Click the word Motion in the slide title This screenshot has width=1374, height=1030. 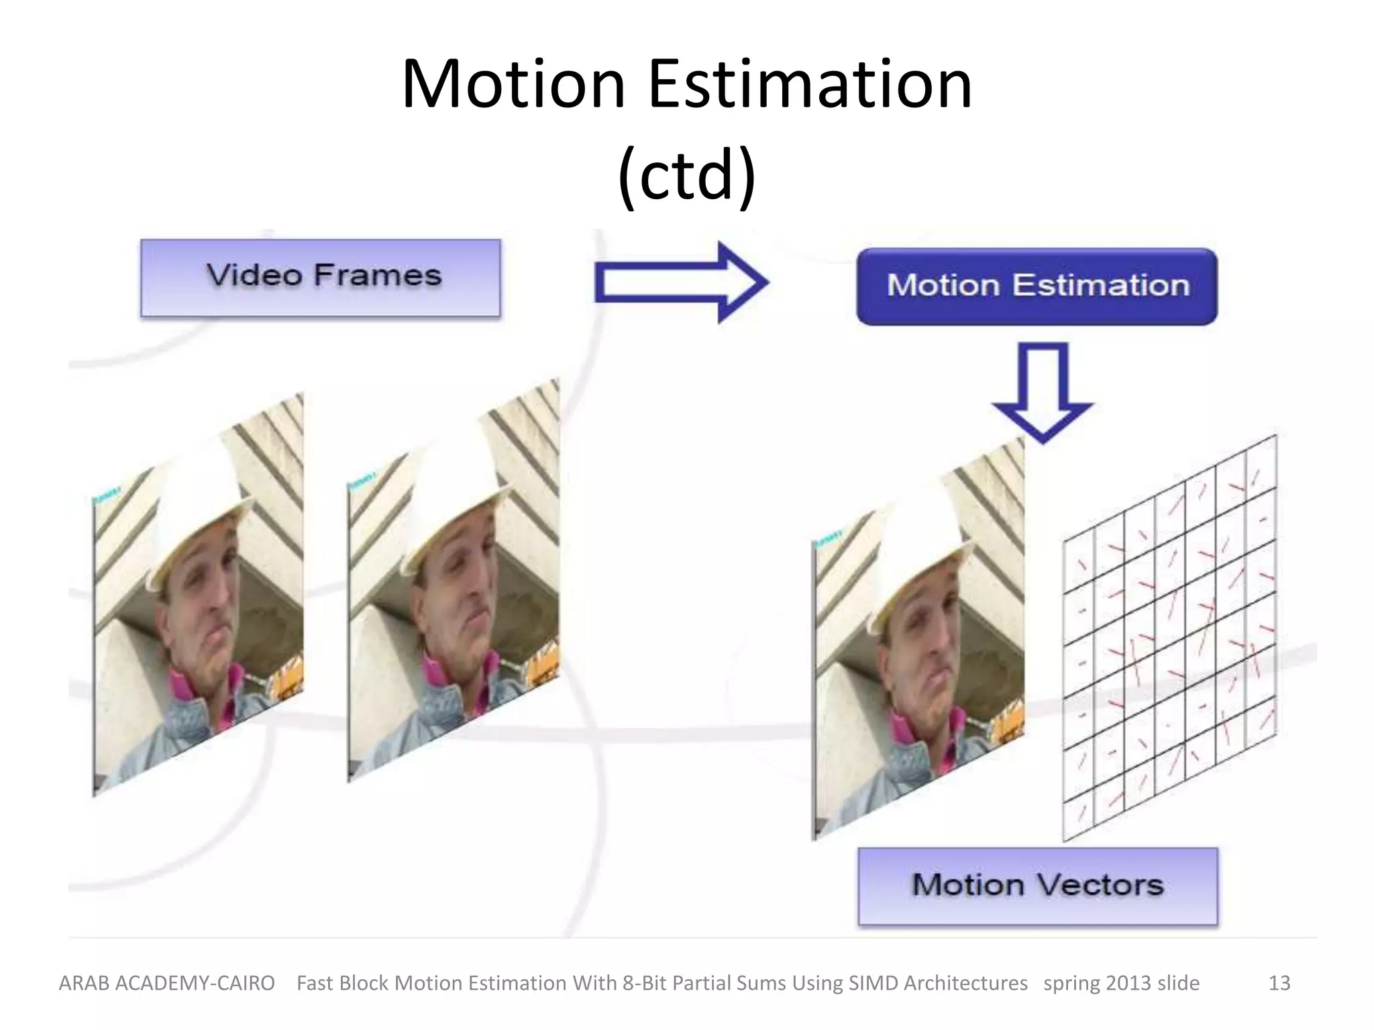[x=513, y=84]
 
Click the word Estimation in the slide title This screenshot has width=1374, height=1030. [x=810, y=84]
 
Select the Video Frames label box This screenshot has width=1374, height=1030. [x=321, y=278]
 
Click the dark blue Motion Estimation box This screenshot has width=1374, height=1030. [x=1037, y=286]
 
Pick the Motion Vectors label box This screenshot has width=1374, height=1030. [x=1037, y=886]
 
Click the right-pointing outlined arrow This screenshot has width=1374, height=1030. [x=681, y=282]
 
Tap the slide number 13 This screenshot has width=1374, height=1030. [x=1279, y=983]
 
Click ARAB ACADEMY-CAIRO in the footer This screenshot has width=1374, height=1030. [x=167, y=983]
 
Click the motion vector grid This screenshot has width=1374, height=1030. [x=1169, y=637]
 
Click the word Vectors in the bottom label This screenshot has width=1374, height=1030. [x=1100, y=886]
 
